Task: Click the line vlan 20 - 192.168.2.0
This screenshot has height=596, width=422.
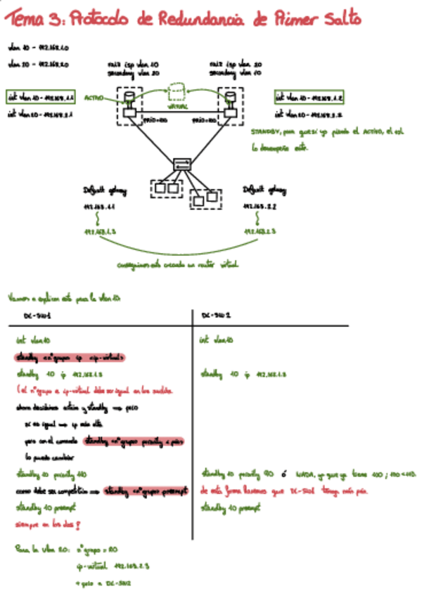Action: [x=37, y=64]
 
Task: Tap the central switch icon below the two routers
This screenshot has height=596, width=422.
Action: [x=182, y=164]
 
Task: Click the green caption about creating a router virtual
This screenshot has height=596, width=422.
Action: [x=179, y=265]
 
